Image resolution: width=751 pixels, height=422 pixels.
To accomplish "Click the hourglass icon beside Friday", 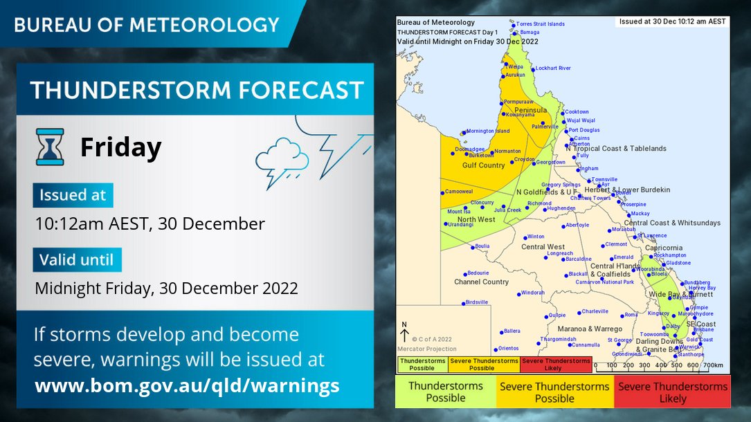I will [x=50, y=147].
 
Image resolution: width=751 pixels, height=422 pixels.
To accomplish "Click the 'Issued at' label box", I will [x=73, y=195].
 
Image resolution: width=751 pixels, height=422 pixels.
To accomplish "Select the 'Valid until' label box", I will [x=77, y=259].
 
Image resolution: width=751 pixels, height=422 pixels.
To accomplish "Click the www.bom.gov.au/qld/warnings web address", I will [x=187, y=385].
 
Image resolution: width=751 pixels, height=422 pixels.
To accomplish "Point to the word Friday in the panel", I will [x=120, y=147].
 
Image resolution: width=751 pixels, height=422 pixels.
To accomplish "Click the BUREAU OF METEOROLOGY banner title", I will [x=146, y=25].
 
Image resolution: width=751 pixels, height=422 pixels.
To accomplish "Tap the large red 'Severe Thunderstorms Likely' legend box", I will [x=673, y=392].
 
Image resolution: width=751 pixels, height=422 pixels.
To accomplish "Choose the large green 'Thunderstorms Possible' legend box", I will [x=446, y=392].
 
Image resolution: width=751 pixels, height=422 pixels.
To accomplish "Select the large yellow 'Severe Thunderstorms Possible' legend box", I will [x=554, y=392].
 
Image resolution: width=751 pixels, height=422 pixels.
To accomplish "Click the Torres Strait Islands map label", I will [x=541, y=24].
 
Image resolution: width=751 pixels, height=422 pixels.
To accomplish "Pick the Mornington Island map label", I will [x=487, y=131].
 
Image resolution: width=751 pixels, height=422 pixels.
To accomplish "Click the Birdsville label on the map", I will [x=477, y=302].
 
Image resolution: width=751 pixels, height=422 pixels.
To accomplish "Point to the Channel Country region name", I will [x=481, y=282].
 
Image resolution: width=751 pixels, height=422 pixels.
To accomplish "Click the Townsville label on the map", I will [x=604, y=179].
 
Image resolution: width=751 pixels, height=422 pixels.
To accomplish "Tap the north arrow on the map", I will [x=405, y=333].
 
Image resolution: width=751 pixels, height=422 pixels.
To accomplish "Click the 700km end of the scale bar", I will [x=713, y=365].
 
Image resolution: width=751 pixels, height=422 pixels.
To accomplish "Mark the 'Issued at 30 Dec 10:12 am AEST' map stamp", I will [x=672, y=21].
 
